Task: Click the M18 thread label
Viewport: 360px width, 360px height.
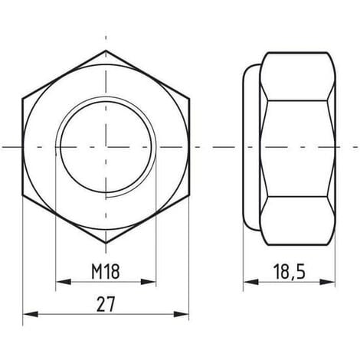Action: click(x=106, y=272)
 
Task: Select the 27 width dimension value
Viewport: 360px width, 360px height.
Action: click(x=106, y=303)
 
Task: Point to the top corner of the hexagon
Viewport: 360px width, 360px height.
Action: click(x=106, y=51)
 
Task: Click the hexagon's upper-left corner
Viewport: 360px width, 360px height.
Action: click(x=24, y=98)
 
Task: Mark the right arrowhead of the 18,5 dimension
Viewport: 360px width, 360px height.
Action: click(x=335, y=282)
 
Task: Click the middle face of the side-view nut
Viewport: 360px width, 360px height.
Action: click(x=298, y=146)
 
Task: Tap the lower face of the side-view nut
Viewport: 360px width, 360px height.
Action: click(x=298, y=218)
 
